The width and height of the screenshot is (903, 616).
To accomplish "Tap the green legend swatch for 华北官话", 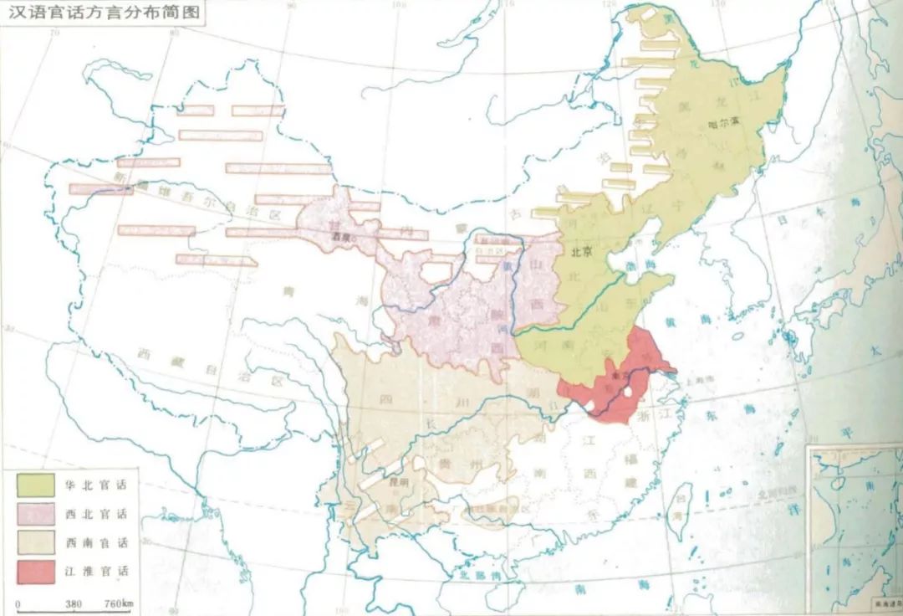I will click(35, 485).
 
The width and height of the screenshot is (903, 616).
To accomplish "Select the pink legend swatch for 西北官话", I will click(35, 513).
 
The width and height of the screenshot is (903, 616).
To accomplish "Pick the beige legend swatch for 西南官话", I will click(35, 542).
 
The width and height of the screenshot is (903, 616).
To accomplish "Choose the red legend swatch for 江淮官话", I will click(35, 571).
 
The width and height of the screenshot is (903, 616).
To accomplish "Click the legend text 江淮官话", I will click(96, 571).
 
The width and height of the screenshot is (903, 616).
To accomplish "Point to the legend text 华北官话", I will click(96, 485).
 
